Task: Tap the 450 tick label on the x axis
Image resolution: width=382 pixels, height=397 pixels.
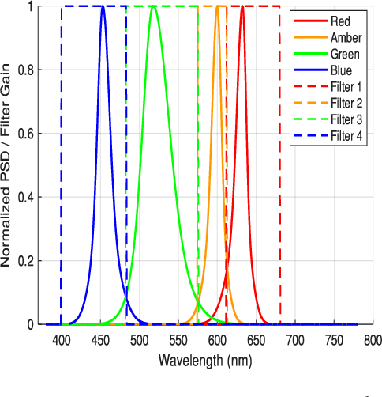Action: [100, 341]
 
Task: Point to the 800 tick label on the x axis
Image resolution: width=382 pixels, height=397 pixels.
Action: [373, 341]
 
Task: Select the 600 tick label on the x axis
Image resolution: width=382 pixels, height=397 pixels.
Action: [217, 341]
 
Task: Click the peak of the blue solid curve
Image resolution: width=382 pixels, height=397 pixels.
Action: [103, 7]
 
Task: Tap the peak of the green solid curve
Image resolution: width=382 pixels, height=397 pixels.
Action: [154, 7]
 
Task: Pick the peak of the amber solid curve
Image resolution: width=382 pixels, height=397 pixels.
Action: [218, 7]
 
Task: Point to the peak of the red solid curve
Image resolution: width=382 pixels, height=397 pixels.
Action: [242, 7]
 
